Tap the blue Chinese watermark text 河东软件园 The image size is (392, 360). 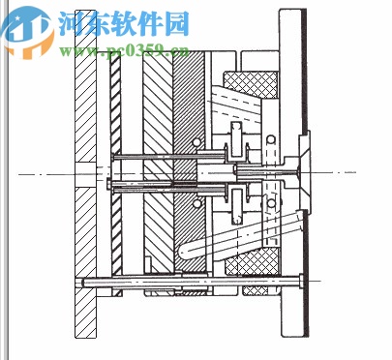[123, 22]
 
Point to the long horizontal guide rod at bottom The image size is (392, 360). [194, 282]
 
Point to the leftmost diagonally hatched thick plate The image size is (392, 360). [85, 174]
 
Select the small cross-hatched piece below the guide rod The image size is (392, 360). [257, 290]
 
